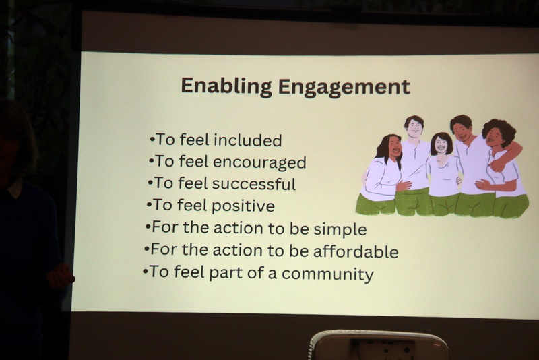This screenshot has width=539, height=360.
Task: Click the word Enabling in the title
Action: point(226,87)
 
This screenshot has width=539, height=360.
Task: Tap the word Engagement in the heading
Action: point(344,88)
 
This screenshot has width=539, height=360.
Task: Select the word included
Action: point(247,140)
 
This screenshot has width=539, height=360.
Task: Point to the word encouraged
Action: point(259,162)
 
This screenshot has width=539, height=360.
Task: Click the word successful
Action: point(254,183)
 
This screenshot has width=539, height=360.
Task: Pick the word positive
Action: point(243,206)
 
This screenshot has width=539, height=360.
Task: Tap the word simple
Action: point(340,229)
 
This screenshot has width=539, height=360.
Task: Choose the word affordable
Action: point(356,251)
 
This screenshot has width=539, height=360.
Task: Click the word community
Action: point(327,274)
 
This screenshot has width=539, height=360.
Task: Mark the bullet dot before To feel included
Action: point(152,140)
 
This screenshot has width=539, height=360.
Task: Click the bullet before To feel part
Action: point(146,272)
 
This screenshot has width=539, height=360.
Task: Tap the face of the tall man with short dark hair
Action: point(414,128)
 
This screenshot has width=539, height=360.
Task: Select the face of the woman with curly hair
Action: point(494,136)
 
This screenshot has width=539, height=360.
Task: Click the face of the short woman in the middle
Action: point(441,145)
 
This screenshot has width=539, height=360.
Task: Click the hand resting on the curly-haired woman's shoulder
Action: point(497,164)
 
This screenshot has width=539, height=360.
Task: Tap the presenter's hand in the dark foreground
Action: point(60,276)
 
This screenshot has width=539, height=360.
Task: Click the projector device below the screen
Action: point(379,345)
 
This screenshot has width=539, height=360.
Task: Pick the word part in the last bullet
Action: point(226,273)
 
